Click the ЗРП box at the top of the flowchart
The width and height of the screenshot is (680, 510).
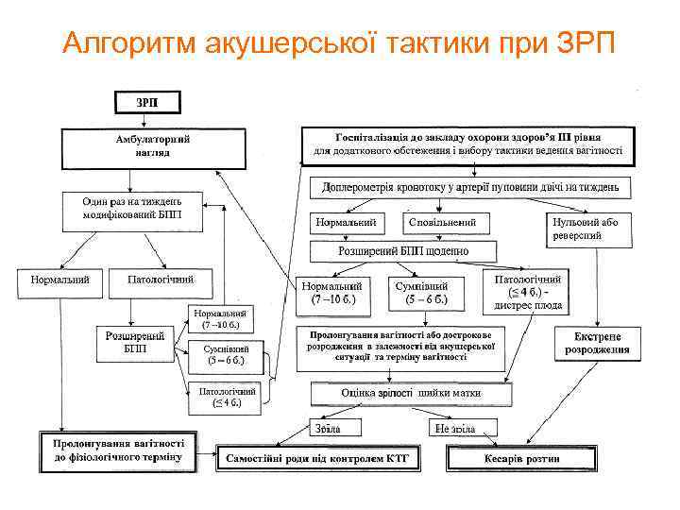[x=146, y=102]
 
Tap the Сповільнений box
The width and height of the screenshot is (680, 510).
[x=449, y=222]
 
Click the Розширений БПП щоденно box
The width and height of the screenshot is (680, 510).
[x=403, y=251]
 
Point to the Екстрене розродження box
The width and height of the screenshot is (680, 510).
[x=597, y=343]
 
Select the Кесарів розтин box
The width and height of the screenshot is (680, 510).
[x=522, y=458]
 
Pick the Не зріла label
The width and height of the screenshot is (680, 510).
[x=455, y=428]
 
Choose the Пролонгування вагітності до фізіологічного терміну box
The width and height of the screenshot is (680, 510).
[x=118, y=451]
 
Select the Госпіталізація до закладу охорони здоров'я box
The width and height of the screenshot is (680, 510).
[x=468, y=144]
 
